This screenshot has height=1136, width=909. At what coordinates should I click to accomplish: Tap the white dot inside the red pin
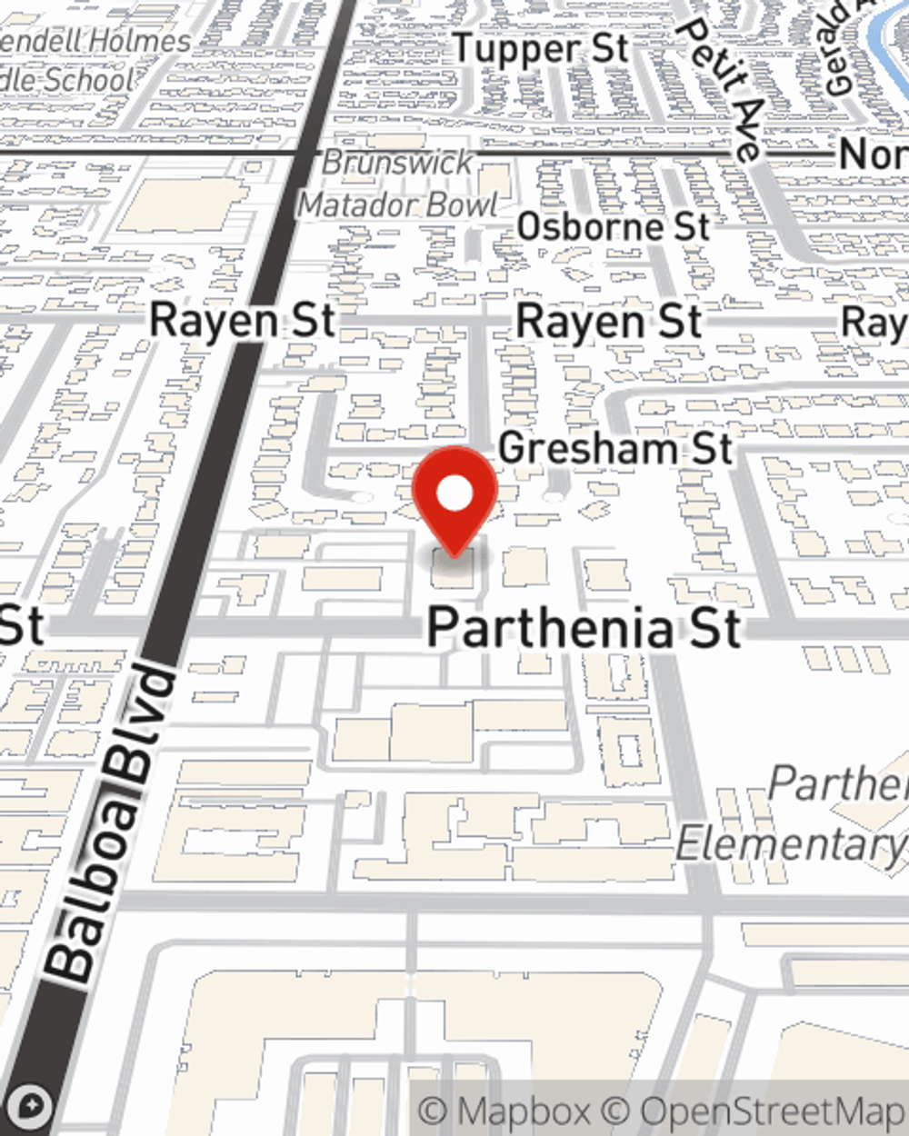454,494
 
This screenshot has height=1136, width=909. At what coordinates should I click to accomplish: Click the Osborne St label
613,227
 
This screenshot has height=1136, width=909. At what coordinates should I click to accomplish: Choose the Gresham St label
615,448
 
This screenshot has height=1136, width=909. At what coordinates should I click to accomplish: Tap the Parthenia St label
584,628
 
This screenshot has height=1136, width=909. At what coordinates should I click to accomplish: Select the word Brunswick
397,164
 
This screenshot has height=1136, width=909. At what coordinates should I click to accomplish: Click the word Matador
354,205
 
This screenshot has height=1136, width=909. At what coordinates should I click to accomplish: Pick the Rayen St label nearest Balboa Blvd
243,321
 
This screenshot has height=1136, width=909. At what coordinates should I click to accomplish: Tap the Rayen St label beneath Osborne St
609,323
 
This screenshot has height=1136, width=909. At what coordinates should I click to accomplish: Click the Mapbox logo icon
30,1106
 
